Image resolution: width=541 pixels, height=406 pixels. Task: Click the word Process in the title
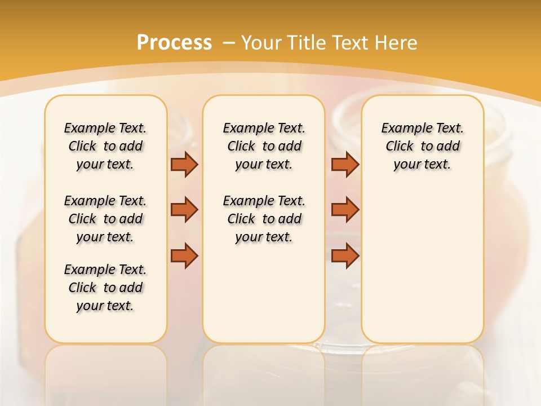(174, 43)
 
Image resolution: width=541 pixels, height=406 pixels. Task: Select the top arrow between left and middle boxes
(184, 164)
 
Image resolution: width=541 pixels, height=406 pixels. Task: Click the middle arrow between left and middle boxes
(184, 210)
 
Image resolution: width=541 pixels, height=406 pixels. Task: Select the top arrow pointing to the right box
(345, 164)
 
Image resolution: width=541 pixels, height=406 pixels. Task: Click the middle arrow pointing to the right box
(345, 210)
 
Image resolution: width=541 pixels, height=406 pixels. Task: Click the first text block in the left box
(105, 146)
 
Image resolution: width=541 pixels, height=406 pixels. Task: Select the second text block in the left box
(105, 219)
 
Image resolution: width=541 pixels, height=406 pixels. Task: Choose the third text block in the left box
(105, 288)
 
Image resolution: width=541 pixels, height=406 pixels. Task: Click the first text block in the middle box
(264, 146)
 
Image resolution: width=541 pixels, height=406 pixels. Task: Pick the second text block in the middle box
(264, 219)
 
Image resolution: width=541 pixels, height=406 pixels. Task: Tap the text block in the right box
(422, 146)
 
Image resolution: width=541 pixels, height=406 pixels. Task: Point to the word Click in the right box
(400, 147)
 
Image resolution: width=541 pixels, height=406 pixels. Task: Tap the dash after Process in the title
(228, 43)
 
